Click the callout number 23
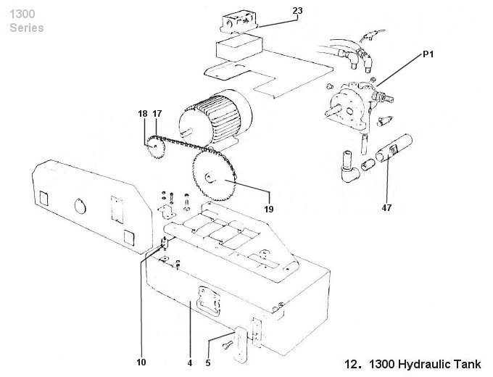(x=297, y=10)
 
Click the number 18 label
(x=142, y=114)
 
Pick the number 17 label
(x=157, y=114)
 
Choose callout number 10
(x=141, y=362)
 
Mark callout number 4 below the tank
(x=189, y=362)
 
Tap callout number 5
(x=207, y=362)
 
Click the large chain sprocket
(x=213, y=176)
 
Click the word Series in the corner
(x=27, y=28)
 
